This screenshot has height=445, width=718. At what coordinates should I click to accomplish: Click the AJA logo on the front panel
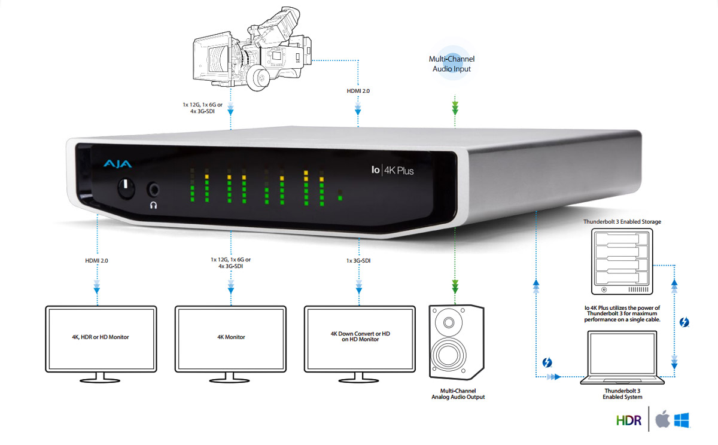click(118, 164)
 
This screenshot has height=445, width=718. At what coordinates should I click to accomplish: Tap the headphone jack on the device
click(154, 190)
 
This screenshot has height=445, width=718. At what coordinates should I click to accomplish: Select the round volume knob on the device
click(126, 188)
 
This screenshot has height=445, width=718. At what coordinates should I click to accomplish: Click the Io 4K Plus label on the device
click(393, 170)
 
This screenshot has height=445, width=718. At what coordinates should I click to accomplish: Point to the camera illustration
click(252, 49)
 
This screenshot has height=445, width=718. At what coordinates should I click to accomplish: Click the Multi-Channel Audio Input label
click(452, 64)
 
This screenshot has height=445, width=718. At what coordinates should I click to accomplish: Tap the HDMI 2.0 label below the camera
click(358, 91)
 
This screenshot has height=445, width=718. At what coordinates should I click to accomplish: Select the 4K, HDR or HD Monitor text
click(101, 337)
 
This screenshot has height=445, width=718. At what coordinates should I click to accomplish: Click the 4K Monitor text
click(231, 337)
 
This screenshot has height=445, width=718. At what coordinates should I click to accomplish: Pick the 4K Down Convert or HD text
click(360, 334)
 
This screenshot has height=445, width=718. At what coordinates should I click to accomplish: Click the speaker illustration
click(457, 342)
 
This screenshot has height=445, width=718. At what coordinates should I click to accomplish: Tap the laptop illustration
click(622, 357)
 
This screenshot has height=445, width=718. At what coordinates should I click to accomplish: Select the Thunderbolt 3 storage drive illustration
click(622, 261)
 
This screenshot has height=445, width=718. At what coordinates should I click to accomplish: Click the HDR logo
click(629, 420)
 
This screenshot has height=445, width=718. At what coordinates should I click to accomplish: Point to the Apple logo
click(662, 420)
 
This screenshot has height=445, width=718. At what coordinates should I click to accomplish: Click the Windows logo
click(682, 420)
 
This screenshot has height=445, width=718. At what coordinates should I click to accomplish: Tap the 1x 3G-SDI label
click(358, 261)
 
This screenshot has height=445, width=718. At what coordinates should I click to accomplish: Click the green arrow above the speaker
click(455, 286)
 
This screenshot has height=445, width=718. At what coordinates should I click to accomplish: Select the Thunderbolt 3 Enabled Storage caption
click(622, 222)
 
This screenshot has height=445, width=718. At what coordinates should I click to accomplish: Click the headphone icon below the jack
click(154, 205)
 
